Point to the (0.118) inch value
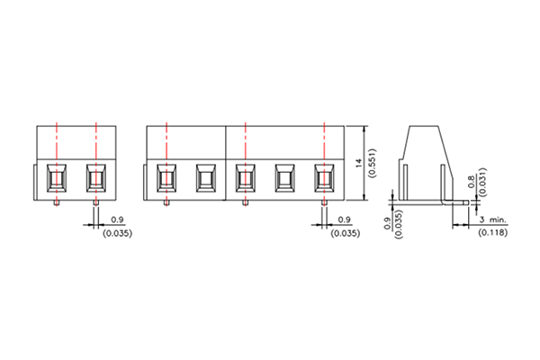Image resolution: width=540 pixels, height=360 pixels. coord(490,232)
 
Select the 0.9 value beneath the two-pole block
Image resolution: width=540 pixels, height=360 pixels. coord(117,220)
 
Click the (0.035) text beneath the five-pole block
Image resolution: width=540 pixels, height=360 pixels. coord(345,233)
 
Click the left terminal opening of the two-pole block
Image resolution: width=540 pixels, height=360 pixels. coord(57,178)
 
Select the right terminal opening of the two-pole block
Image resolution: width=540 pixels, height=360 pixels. coord(95,178)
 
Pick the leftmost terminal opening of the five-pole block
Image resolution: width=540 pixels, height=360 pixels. coord(166,178)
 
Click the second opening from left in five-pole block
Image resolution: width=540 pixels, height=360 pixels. coord(205,178)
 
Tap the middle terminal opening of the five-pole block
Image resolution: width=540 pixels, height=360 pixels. coord(245,178)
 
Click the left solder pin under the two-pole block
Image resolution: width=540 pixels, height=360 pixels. coord(57,202)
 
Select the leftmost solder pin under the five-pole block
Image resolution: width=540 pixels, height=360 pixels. coord(166,202)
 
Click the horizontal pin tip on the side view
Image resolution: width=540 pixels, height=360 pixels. coord(465,205)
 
